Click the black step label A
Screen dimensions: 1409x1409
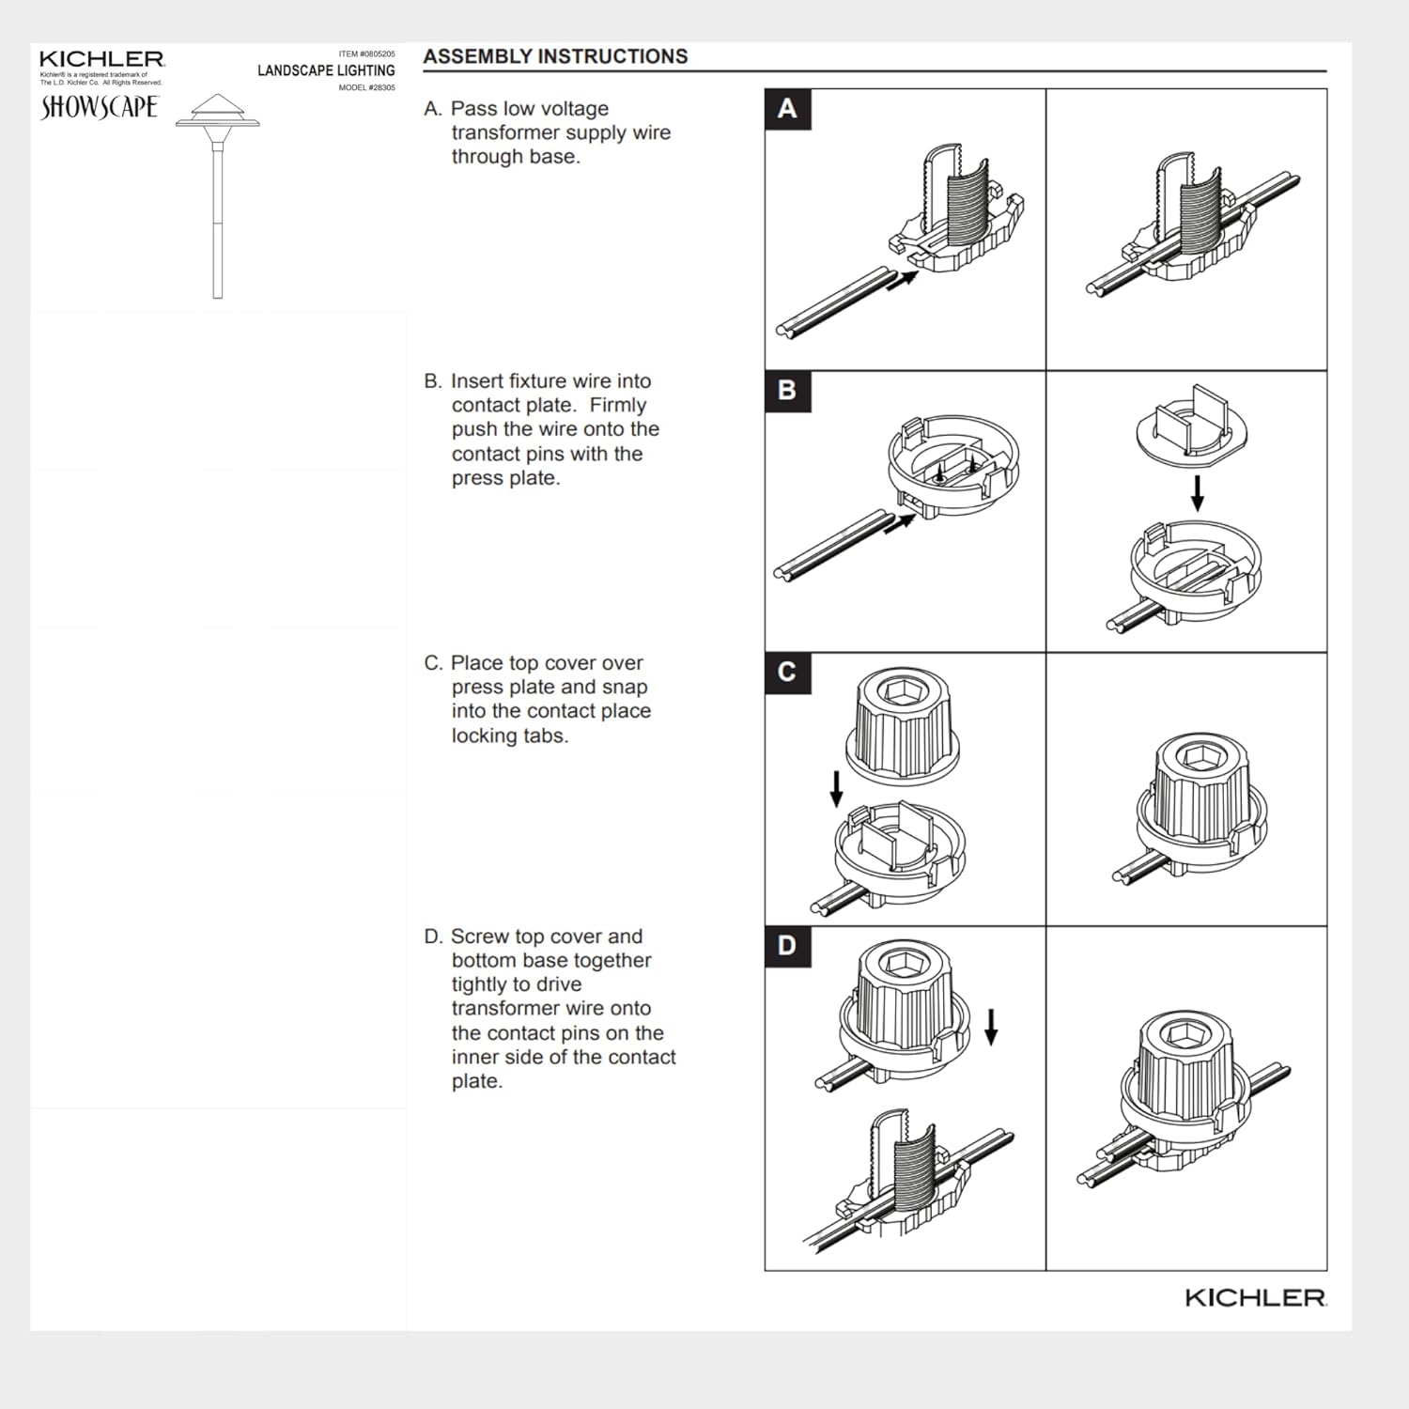point(787,109)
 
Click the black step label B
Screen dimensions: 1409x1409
point(787,391)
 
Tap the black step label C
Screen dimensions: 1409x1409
point(787,673)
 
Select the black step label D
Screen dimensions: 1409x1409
point(787,946)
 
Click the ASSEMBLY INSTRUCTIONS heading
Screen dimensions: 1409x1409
point(555,56)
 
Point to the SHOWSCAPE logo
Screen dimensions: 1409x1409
point(100,107)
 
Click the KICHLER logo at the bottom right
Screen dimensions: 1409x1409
point(1255,1298)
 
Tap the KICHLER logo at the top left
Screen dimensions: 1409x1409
point(102,59)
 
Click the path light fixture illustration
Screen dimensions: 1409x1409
point(217,195)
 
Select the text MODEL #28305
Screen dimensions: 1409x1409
point(367,87)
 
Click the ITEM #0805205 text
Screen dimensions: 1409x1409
point(367,54)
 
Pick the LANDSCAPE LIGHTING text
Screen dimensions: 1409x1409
point(326,70)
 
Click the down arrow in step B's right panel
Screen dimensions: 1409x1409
point(1197,493)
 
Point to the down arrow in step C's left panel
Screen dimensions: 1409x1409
point(836,789)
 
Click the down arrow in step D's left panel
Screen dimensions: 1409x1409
point(991,1027)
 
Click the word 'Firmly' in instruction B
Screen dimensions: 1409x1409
point(618,405)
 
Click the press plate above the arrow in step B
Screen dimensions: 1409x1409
point(1193,424)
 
